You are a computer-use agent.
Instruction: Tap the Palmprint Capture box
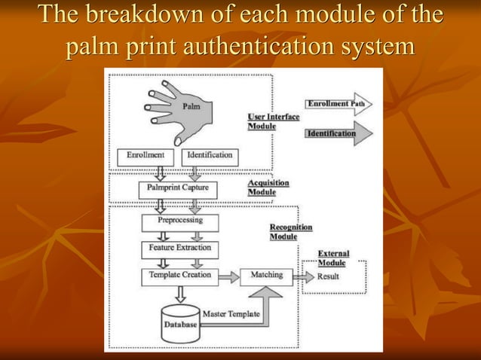click(177, 188)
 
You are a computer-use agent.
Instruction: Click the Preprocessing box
click(179, 222)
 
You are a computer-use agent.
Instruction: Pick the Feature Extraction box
click(179, 248)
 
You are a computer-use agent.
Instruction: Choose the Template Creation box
click(179, 276)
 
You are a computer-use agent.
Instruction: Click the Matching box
click(266, 276)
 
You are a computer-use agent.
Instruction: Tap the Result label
click(328, 276)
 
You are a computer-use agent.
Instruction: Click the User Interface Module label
click(273, 121)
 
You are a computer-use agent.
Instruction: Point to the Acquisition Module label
click(268, 188)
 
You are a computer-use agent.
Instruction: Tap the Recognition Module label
click(290, 232)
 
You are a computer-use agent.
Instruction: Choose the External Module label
click(332, 258)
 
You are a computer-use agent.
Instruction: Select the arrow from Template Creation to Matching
click(228, 276)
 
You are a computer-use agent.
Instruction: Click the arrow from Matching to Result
click(304, 276)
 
